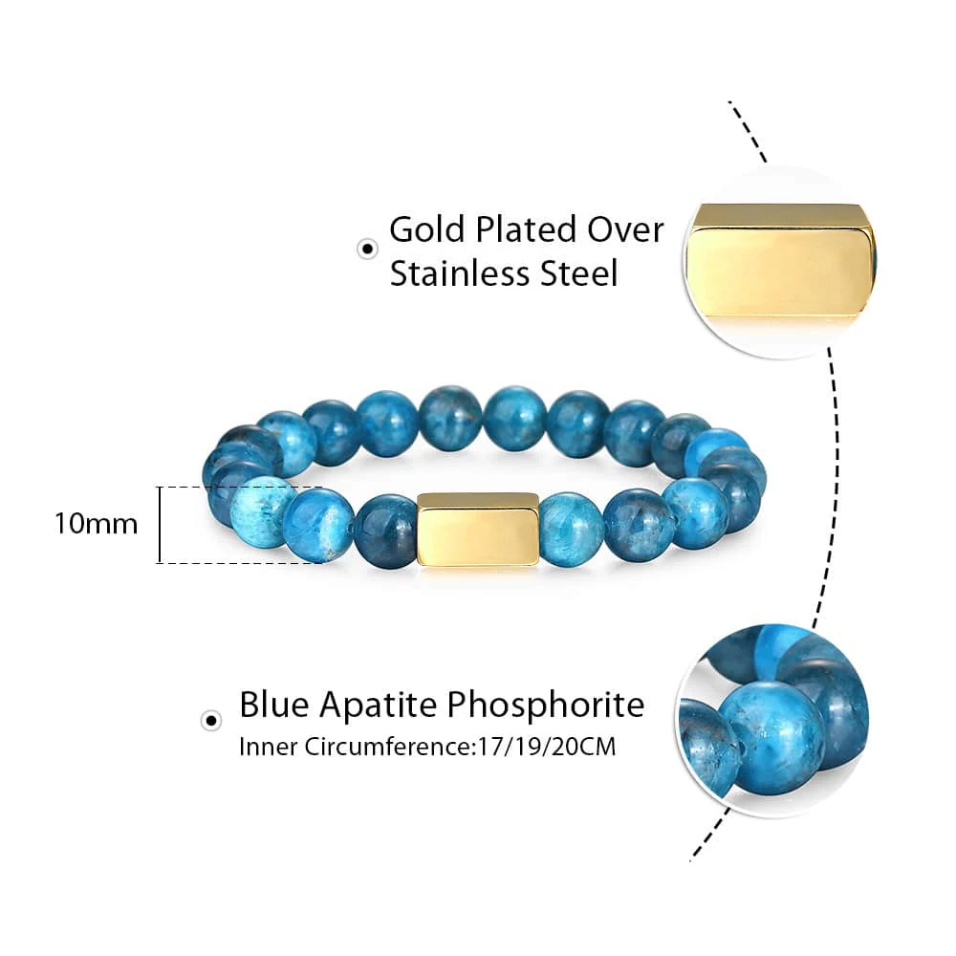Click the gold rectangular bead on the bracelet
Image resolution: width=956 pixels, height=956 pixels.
(478, 530)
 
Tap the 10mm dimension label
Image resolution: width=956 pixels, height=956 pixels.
(96, 524)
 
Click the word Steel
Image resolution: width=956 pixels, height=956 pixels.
(577, 273)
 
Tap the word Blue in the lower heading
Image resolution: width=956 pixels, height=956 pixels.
(273, 705)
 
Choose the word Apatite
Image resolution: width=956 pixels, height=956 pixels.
(378, 706)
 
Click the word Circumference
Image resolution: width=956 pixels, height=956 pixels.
(389, 747)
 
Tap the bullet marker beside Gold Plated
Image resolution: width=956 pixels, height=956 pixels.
(366, 250)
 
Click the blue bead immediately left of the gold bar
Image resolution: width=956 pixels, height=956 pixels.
(385, 531)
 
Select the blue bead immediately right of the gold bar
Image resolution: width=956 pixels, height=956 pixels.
(572, 529)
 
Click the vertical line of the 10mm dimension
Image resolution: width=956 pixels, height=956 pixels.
(160, 524)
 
